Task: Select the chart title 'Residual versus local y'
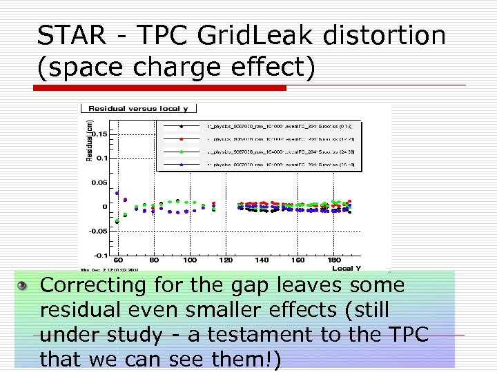click(139, 108)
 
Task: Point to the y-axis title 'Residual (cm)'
click(88, 141)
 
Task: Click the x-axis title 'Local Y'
click(347, 269)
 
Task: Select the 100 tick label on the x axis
click(190, 260)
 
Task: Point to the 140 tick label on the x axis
click(262, 260)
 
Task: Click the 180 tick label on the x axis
click(334, 260)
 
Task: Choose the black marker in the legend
click(181, 127)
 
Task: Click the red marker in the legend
click(181, 138)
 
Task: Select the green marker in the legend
click(181, 151)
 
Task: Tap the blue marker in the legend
click(181, 164)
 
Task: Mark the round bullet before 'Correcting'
click(23, 285)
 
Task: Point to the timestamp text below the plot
click(110, 270)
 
